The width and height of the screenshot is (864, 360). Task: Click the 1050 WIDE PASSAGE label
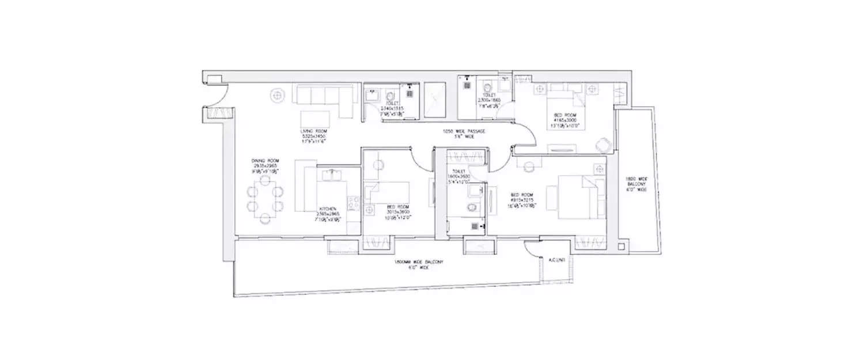coord(464,134)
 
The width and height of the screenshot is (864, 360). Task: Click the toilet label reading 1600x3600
coord(461,175)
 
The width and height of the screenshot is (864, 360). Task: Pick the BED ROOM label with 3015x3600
coord(397,210)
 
